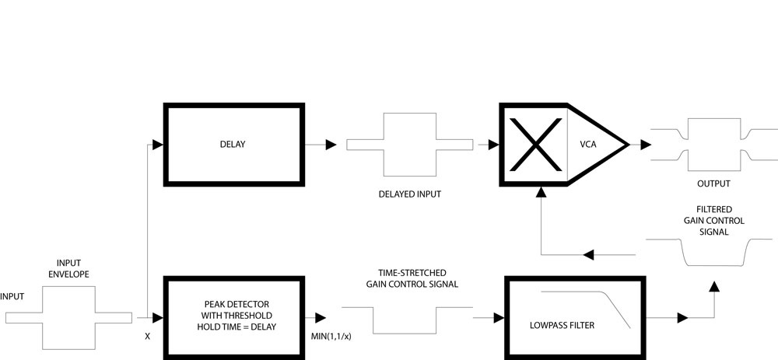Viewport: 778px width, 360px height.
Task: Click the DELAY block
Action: [x=233, y=145]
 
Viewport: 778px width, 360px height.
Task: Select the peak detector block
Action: [x=233, y=317]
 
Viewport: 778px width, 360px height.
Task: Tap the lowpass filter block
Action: [x=575, y=317]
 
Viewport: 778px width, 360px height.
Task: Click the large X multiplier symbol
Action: [x=537, y=145]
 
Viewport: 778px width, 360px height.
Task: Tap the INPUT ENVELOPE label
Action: [x=68, y=268]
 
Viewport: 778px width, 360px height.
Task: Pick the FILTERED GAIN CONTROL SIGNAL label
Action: [x=709, y=221]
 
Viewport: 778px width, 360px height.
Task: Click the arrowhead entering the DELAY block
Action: [x=158, y=145]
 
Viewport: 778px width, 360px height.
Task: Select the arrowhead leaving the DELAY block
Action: [x=331, y=145]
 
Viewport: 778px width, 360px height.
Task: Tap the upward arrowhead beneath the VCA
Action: [x=539, y=191]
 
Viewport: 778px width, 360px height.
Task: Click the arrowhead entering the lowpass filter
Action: [x=497, y=317]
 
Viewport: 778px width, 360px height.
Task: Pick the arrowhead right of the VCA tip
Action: [x=645, y=145]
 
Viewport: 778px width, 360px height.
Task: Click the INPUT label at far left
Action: [x=12, y=296]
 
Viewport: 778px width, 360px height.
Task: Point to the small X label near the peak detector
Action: [x=147, y=337]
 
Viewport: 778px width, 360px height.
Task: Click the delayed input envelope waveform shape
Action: [x=409, y=145]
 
